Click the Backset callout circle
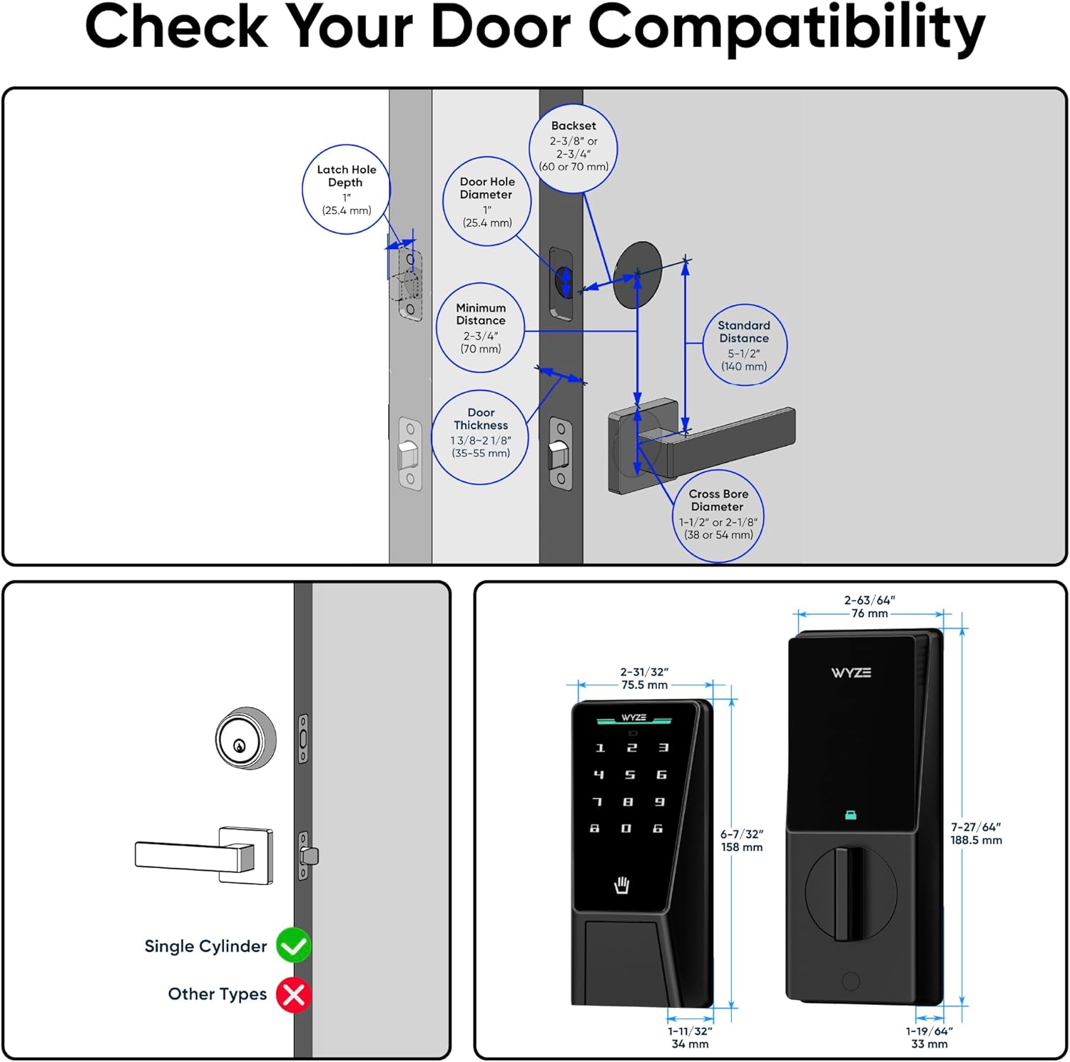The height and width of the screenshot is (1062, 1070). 573,148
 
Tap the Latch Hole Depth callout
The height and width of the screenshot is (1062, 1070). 346,190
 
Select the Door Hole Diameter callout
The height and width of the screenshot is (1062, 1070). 487,202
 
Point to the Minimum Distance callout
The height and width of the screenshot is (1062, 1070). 481,328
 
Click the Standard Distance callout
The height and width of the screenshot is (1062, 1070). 744,345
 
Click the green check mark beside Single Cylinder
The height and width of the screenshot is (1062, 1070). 293,945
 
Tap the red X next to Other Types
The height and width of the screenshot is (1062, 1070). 293,994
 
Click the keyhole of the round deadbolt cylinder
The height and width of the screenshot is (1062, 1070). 240,746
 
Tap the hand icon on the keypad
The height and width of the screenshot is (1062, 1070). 622,885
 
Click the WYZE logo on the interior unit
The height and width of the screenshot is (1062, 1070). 851,673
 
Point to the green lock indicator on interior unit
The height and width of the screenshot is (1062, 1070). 850,815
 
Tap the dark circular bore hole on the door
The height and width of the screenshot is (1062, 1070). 637,275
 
